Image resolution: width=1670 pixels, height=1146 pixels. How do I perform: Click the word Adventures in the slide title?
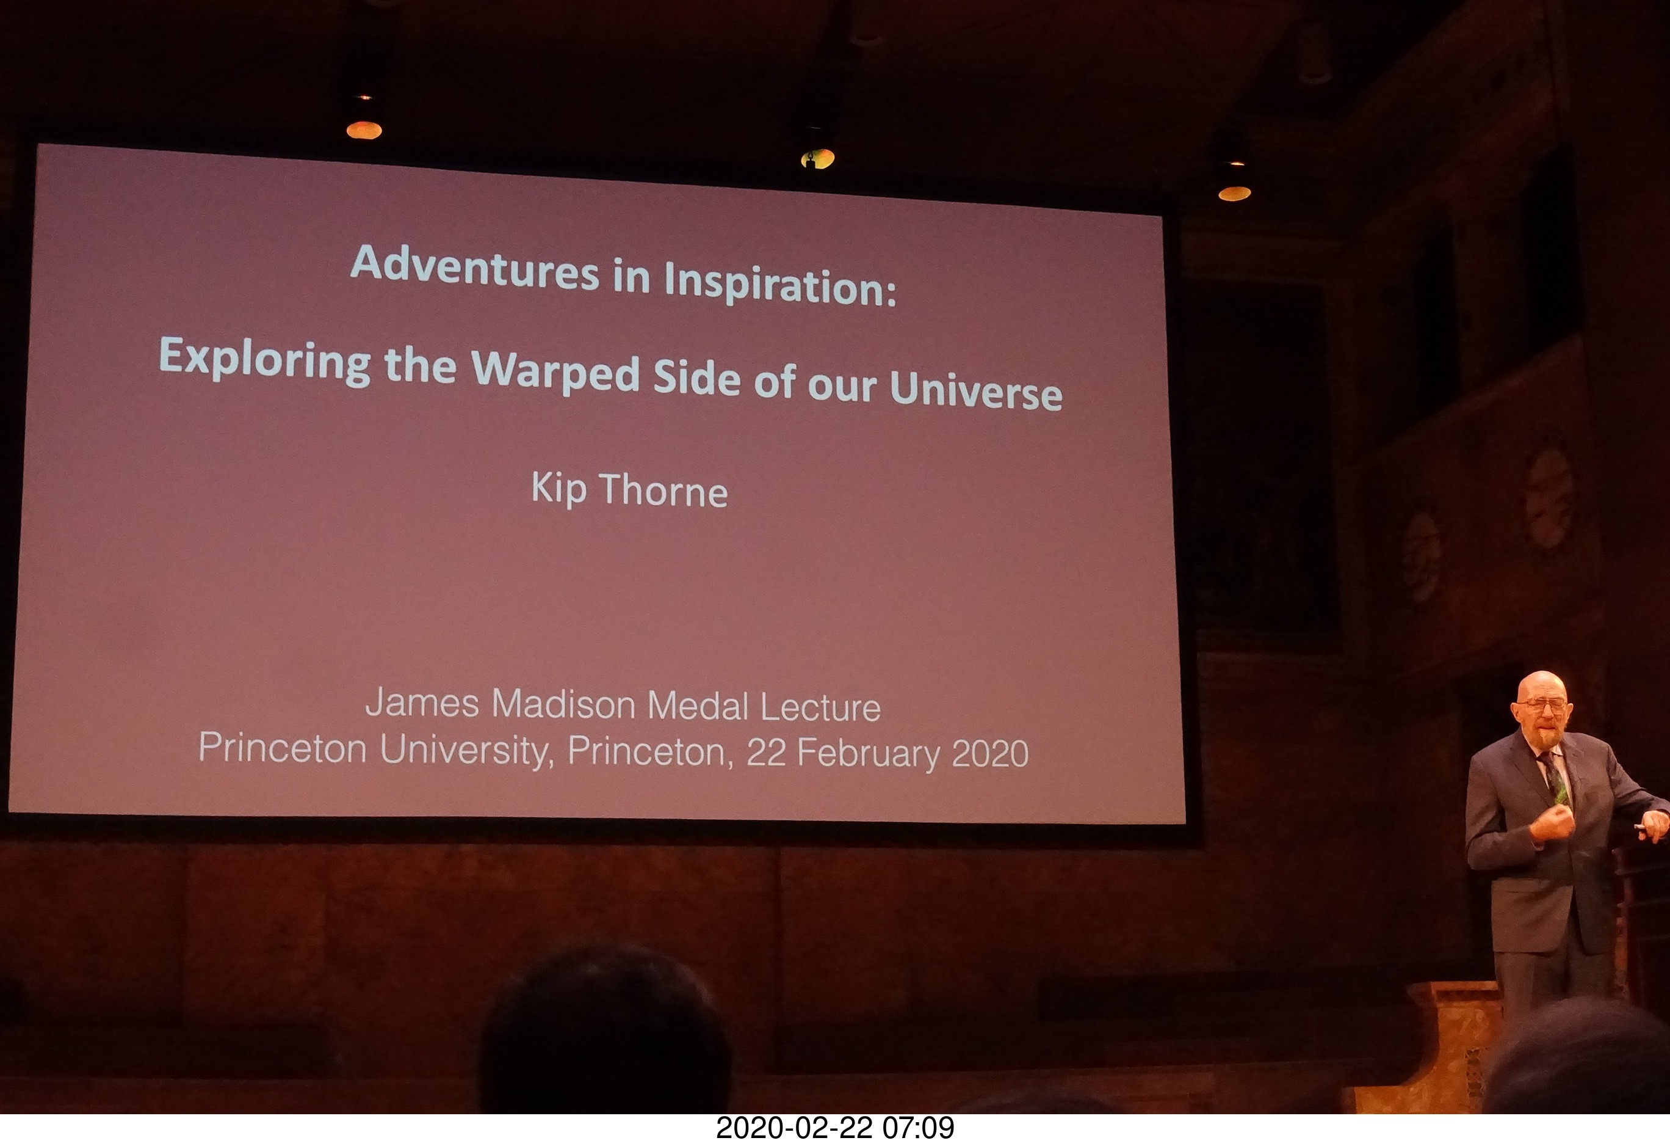[x=474, y=269]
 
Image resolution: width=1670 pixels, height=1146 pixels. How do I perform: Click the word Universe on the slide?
[x=976, y=390]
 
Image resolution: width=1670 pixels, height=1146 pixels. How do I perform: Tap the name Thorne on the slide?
[x=663, y=491]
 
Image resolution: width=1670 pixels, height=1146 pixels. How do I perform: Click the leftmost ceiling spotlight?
[x=364, y=129]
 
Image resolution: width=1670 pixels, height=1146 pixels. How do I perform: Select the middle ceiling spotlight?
[x=817, y=158]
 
